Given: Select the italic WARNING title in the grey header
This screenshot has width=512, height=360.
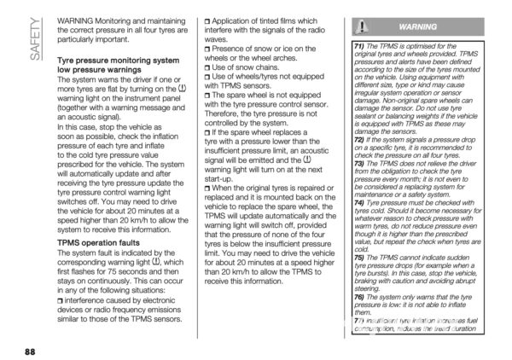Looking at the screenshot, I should [x=417, y=27].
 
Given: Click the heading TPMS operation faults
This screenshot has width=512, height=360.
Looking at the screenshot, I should [x=100, y=241].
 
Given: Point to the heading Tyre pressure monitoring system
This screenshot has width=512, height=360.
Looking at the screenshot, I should [x=118, y=61].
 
